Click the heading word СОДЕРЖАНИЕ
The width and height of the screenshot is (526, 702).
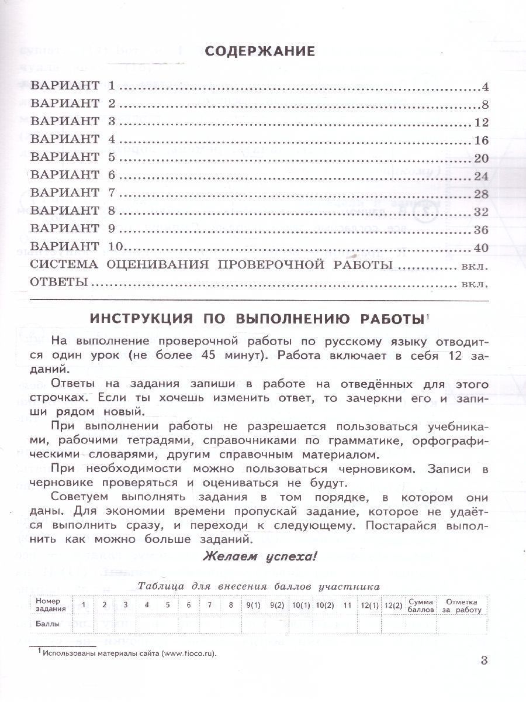[260, 51]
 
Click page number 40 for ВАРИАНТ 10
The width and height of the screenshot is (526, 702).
[482, 247]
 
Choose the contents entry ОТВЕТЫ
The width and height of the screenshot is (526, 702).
[59, 283]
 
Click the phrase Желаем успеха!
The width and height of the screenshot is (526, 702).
[259, 556]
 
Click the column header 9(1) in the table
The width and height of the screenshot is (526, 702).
[252, 605]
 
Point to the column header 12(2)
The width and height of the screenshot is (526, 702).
[393, 605]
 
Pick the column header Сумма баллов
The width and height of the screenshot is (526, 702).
[421, 605]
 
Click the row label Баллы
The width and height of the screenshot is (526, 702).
[47, 624]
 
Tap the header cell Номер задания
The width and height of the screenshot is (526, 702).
[49, 605]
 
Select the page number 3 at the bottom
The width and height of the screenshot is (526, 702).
[483, 661]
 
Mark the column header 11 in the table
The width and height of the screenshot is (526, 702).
[348, 605]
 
